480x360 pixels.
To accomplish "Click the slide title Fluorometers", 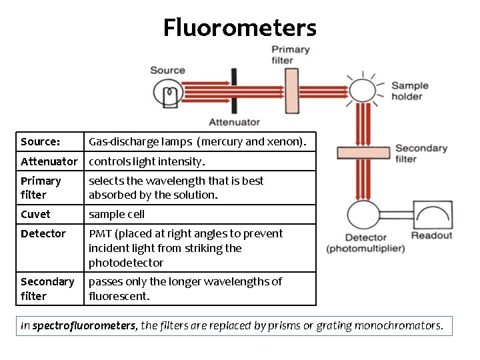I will (x=240, y=28).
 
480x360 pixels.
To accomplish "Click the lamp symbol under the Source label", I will (x=167, y=95).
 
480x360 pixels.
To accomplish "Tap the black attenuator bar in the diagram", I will (x=234, y=93).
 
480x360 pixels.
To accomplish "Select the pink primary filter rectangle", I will (x=291, y=89).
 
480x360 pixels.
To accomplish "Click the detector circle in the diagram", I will (x=363, y=215).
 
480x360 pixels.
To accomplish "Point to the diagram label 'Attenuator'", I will (x=234, y=122).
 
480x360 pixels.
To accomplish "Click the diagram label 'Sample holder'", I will (x=409, y=91).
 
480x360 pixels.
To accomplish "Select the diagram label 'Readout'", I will (x=431, y=235).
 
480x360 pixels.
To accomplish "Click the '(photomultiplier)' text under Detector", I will (x=365, y=249).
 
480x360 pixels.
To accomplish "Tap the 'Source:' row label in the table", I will (x=41, y=141).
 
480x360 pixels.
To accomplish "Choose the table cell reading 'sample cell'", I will (x=117, y=214).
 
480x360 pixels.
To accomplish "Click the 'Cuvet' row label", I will (x=35, y=214).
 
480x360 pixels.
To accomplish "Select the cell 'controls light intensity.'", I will (x=147, y=161).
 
